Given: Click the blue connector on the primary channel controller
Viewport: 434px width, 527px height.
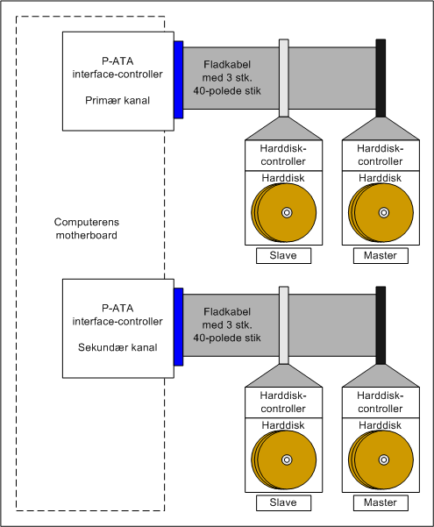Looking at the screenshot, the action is point(179,80).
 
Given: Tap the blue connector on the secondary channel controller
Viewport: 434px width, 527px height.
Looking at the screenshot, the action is point(179,327).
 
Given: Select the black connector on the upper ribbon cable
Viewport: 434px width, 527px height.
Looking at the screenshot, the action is point(381,78).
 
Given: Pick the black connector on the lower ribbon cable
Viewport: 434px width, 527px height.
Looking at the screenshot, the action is point(381,325).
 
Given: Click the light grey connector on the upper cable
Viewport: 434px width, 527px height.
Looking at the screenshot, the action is point(284,78).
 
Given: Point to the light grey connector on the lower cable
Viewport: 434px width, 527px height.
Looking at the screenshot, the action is point(284,325).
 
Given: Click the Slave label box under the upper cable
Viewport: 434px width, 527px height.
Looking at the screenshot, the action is point(283,256).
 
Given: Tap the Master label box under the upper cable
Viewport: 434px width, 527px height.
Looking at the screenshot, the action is point(381,256).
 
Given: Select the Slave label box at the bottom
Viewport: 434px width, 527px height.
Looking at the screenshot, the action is point(283,502).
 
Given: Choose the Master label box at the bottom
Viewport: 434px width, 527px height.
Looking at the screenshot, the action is point(381,502).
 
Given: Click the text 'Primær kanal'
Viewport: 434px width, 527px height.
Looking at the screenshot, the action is point(117,101).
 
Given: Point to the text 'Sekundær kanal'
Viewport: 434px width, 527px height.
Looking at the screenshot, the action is point(117,347).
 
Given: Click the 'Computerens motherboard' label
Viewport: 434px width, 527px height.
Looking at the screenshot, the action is point(87,229).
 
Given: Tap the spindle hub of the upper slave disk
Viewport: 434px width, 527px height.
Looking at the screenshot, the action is point(287,212).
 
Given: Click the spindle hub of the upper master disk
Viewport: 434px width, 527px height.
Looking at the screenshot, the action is point(384,212).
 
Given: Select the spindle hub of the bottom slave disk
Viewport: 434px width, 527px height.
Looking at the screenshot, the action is point(287,459).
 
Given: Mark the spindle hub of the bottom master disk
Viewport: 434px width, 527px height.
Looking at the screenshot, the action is point(384,459).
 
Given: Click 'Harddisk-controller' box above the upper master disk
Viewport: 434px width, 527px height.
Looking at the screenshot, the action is point(381,155).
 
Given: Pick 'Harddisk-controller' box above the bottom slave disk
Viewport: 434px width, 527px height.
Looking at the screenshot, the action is point(283,402).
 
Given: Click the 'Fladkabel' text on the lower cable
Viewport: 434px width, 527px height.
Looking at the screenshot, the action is point(227,312).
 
